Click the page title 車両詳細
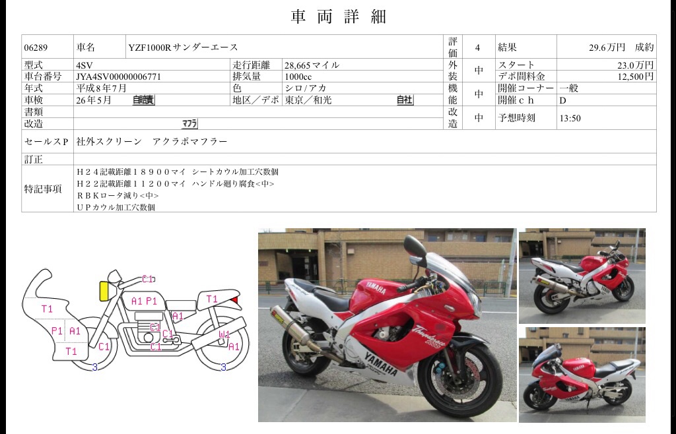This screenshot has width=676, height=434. pos(338,17)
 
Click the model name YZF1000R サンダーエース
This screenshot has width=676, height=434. pos(184,47)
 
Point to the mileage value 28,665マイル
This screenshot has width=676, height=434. pos(312,65)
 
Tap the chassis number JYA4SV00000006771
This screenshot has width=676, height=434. pos(119,77)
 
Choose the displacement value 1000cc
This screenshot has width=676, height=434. pos(299,77)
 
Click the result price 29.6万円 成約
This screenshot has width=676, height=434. pos(621,47)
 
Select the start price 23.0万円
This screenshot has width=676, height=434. pos(635,65)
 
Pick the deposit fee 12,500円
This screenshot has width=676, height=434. pos(635,77)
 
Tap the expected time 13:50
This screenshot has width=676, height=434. pos(570,119)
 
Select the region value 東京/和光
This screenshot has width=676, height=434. pos(308,100)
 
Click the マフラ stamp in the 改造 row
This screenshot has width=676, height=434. pos(189,123)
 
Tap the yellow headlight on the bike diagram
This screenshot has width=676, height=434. pos(104,290)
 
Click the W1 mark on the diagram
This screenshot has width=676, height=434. pos(224,334)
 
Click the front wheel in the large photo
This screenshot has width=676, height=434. pos(460,376)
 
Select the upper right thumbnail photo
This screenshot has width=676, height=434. pos(582,276)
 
